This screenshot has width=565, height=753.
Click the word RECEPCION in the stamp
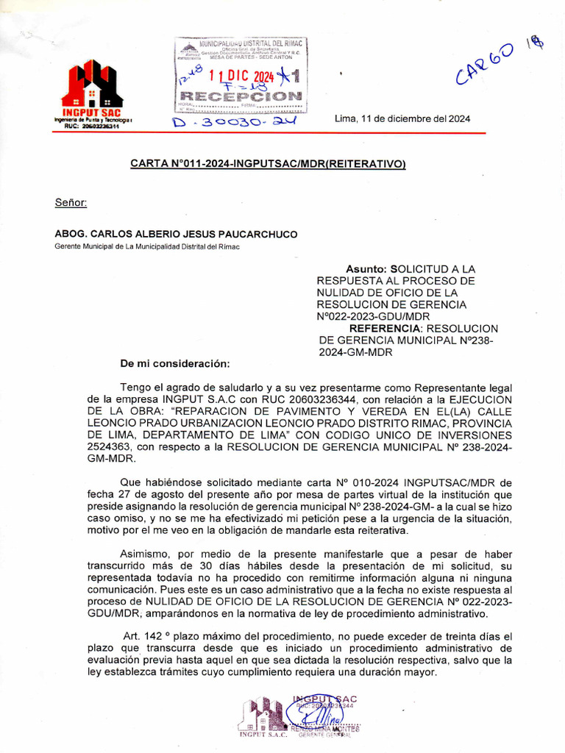click(x=241, y=96)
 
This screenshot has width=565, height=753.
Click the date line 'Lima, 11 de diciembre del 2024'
click(x=402, y=119)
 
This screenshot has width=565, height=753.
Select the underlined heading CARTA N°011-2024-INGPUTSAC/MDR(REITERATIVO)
click(x=268, y=164)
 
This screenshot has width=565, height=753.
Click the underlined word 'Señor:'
click(x=71, y=202)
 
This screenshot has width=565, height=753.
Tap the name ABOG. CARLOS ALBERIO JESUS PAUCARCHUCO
click(x=177, y=235)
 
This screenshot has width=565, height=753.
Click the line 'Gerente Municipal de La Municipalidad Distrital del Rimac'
click(x=148, y=246)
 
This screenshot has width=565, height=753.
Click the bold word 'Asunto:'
click(x=366, y=269)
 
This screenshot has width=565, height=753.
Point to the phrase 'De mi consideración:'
click(x=175, y=363)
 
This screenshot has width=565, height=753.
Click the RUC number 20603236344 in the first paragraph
click(x=324, y=399)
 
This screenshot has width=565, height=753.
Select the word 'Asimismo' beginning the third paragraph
click(x=144, y=554)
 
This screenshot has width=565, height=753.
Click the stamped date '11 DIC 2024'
click(x=241, y=76)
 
